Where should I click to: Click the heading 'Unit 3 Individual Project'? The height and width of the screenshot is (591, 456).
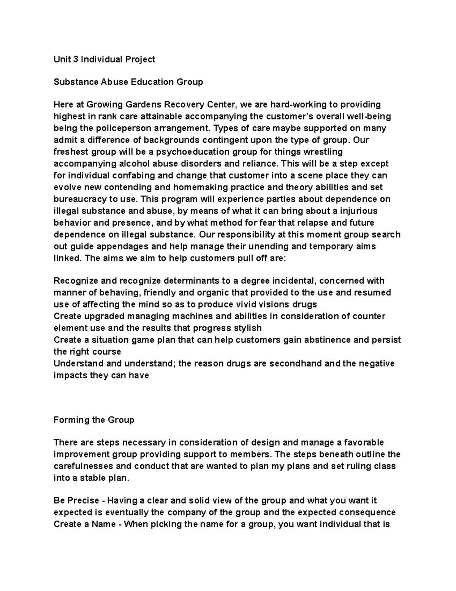tap(104, 59)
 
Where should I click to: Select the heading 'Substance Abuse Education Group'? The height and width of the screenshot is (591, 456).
tap(128, 82)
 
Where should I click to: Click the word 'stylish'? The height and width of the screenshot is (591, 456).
tap(248, 328)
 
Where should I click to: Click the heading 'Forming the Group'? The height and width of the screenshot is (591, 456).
tap(94, 420)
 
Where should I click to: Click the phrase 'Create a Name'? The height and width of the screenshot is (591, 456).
tap(84, 524)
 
